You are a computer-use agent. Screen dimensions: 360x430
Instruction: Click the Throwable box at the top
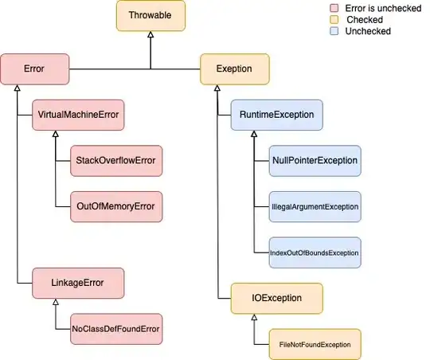[150, 15]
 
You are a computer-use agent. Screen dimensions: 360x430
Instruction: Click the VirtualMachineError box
[77, 115]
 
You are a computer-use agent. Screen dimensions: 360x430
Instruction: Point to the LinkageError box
[68, 281]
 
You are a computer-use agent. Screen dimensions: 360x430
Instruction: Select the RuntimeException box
[276, 115]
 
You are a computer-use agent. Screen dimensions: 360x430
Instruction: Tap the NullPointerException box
[315, 161]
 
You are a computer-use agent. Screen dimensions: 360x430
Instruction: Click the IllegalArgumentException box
[315, 206]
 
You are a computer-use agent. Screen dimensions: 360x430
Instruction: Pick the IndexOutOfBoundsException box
[315, 252]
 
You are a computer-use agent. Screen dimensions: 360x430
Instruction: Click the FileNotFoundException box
[315, 344]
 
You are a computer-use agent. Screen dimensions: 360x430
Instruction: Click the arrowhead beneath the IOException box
[254, 318]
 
